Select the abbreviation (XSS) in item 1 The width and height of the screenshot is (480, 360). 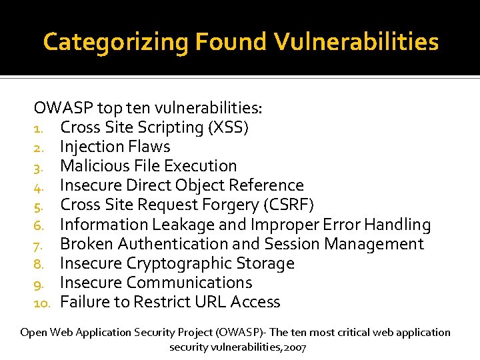click(227, 127)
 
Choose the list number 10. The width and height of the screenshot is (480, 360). click(43, 303)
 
